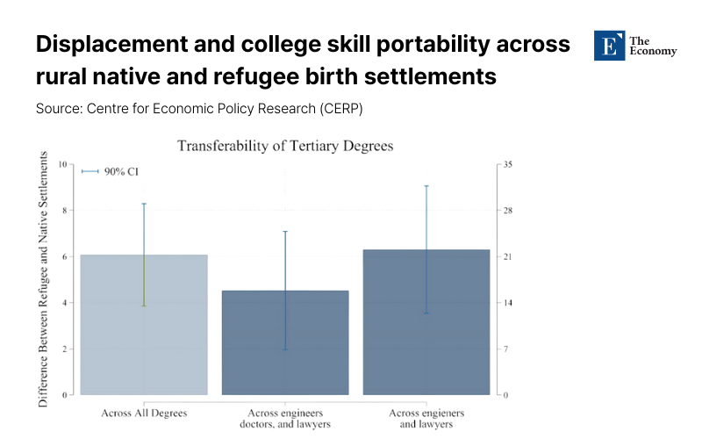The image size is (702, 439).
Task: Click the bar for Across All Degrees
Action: (x=144, y=325)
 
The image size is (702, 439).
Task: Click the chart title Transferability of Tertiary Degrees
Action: (x=285, y=146)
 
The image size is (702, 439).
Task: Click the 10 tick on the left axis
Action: (x=61, y=164)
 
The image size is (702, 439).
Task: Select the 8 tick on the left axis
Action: (x=63, y=211)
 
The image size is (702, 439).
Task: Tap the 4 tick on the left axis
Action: (x=63, y=303)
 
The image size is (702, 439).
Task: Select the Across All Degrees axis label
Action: (x=144, y=412)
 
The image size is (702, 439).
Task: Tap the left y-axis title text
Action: (x=43, y=279)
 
